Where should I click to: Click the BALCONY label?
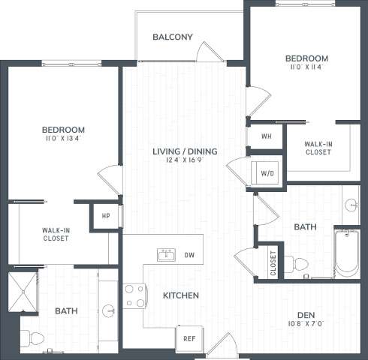click(x=173, y=37)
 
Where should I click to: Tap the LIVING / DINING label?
click(x=185, y=151)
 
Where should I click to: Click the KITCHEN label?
click(x=181, y=295)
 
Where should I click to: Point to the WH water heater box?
click(x=266, y=136)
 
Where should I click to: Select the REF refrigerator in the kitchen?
click(x=189, y=338)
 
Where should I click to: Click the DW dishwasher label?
click(x=189, y=256)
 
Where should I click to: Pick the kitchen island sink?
click(x=165, y=256)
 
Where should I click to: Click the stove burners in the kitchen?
click(x=134, y=295)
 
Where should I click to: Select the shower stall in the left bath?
click(x=23, y=291)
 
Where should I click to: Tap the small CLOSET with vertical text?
click(x=272, y=262)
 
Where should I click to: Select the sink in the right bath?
click(x=351, y=204)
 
